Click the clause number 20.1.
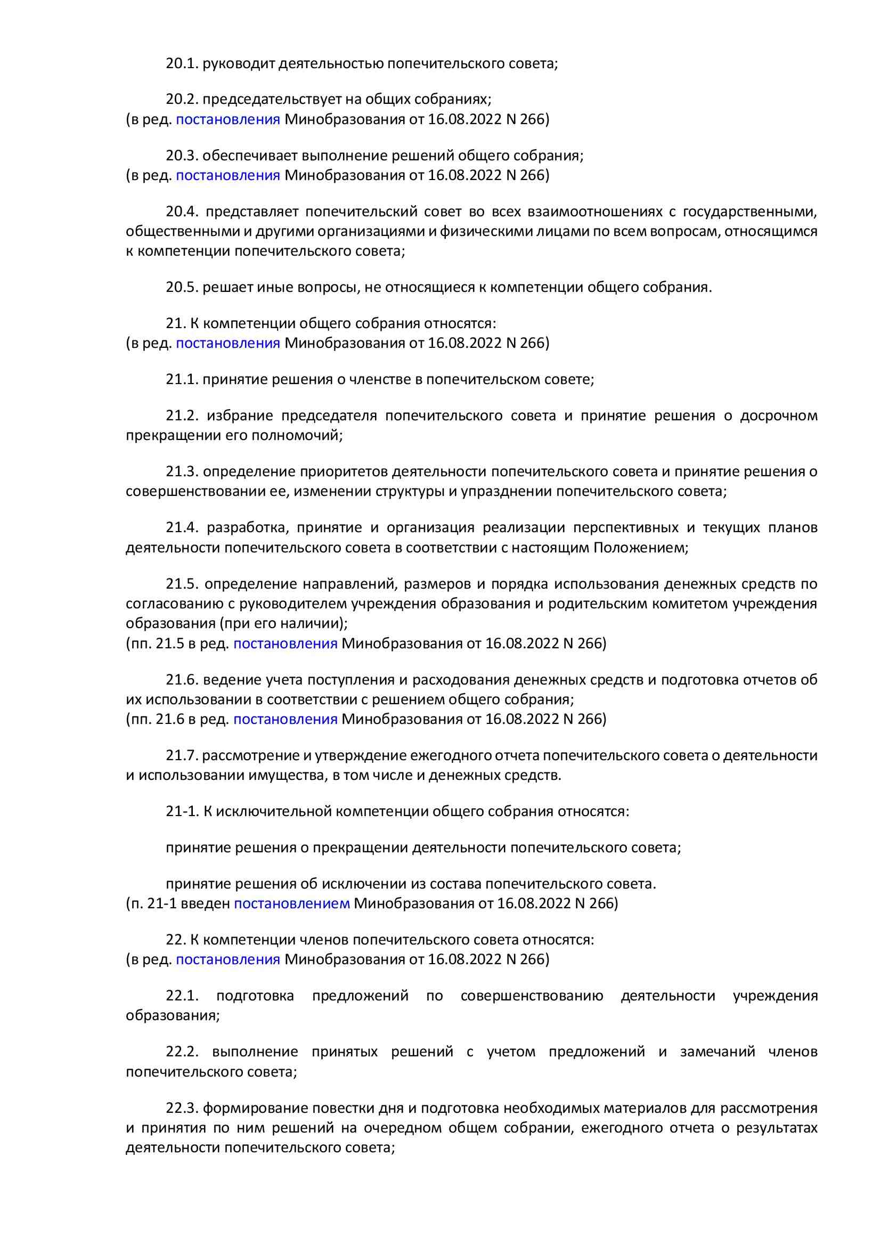click(182, 64)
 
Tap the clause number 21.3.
click(182, 471)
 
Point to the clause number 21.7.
click(182, 755)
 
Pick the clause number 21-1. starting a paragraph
click(182, 812)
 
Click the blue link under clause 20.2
click(228, 119)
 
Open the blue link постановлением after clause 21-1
click(292, 903)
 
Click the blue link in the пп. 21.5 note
click(285, 644)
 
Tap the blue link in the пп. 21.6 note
click(285, 719)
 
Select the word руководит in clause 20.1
click(239, 64)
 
